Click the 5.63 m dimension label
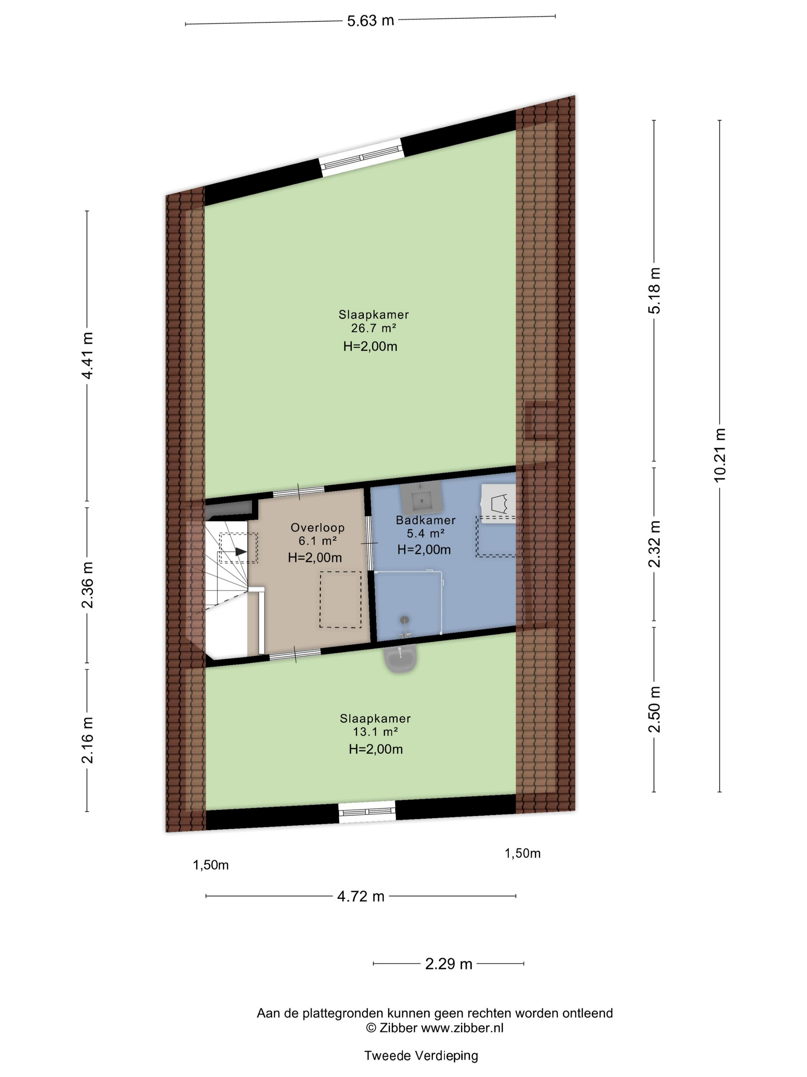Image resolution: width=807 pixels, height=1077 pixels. [370, 21]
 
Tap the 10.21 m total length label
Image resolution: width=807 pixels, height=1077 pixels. [719, 455]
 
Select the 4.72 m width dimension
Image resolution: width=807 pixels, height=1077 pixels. [361, 896]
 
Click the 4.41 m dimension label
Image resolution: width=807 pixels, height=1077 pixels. [87, 355]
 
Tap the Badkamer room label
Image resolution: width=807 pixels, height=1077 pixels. [426, 520]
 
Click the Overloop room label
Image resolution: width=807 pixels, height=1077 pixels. [318, 527]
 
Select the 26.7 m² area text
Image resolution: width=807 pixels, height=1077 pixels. [374, 328]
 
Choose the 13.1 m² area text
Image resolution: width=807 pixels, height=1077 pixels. [375, 732]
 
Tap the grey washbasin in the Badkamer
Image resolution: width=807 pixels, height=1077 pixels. [421, 496]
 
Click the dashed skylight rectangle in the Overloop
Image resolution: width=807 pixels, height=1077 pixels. [340, 599]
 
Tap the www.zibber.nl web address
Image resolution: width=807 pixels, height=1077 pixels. [462, 1028]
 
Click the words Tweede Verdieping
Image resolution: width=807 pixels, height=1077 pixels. [421, 1055]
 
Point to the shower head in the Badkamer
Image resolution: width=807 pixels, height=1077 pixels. [404, 620]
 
